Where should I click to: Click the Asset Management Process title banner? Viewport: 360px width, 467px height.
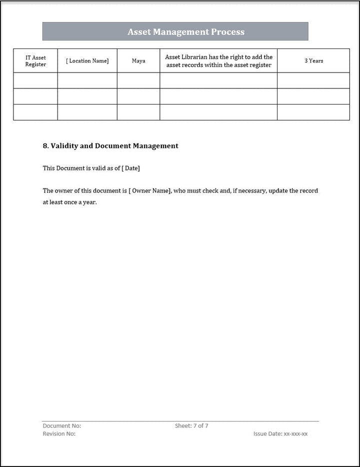175,31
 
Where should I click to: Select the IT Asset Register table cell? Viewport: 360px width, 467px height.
35,61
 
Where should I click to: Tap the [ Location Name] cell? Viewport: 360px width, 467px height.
87,61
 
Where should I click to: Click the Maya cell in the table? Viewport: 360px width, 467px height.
138,61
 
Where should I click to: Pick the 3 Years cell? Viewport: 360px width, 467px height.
313,61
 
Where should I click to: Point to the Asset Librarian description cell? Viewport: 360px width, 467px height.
218,61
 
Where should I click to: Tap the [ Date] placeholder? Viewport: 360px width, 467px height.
130,168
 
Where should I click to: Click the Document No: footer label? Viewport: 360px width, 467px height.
62,426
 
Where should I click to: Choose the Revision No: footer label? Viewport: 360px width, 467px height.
59,434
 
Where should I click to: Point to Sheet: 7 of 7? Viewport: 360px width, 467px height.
191,426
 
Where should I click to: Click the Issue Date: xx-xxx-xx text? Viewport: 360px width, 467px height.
280,434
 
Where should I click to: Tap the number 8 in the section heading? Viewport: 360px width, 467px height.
45,146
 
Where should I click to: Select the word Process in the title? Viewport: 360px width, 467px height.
227,32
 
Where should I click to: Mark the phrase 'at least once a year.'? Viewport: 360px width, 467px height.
69,203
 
